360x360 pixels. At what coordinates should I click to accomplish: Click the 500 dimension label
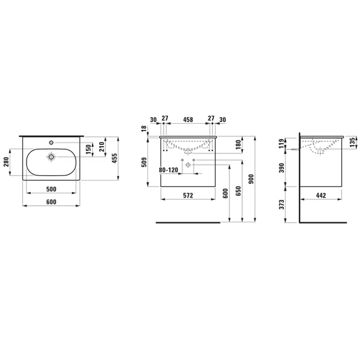(x=51, y=189)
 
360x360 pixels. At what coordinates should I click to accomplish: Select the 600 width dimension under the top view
(x=51, y=202)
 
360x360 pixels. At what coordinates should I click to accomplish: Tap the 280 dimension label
(x=6, y=162)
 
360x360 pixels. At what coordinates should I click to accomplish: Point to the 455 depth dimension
(x=114, y=158)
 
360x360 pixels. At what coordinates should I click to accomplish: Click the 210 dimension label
(x=102, y=147)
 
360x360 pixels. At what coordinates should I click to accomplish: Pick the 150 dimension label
(x=89, y=150)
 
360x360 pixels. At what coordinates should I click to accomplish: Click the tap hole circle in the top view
(x=51, y=143)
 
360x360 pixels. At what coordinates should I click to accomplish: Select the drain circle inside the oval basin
(x=51, y=157)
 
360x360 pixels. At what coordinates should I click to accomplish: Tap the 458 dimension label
(x=188, y=120)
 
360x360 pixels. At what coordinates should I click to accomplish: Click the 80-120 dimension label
(x=169, y=170)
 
